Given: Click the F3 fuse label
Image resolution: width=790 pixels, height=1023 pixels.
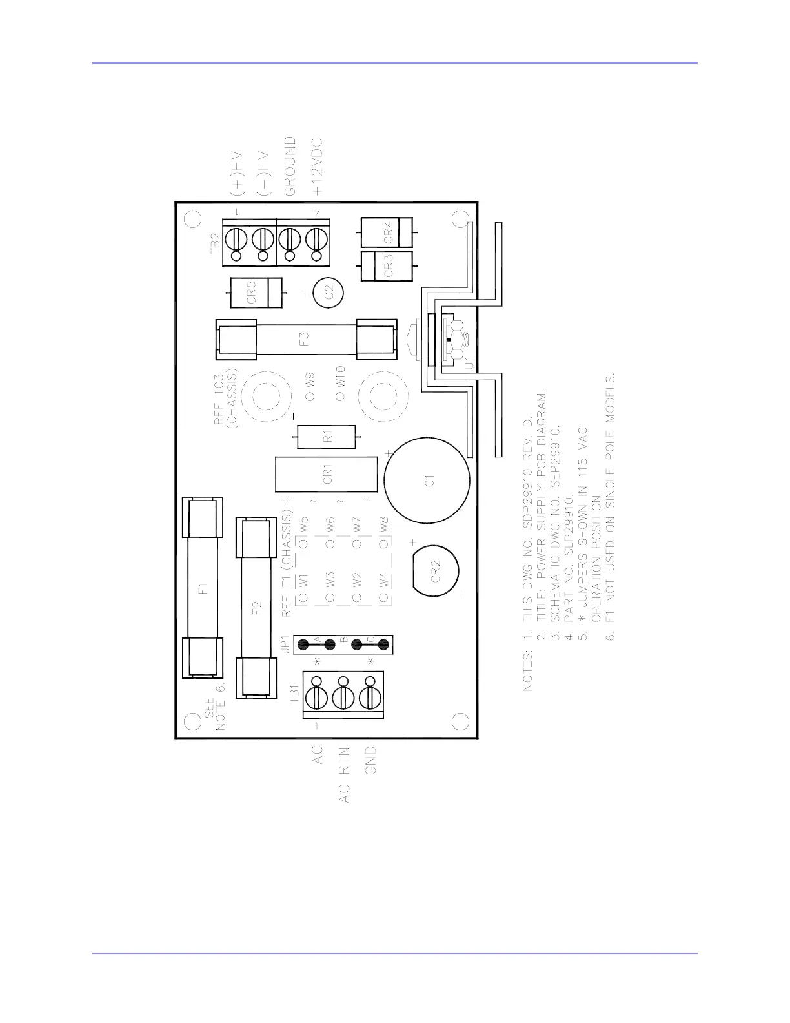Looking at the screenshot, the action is pos(305,339).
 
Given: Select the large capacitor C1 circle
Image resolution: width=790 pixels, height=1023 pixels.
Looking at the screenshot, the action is pos(427,480).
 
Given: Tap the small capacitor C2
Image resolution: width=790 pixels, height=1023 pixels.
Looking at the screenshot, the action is pos(328,293).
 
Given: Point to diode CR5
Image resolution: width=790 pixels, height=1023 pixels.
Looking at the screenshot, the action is pos(256,293).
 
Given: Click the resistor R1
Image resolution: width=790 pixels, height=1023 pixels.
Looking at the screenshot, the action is pos(327,437).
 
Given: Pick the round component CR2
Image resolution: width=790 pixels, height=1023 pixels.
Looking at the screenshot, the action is pos(435,570).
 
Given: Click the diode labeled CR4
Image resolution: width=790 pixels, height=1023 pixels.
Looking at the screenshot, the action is pos(387,232).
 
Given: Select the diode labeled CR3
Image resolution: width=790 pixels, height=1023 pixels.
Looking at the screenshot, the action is pos(387,266).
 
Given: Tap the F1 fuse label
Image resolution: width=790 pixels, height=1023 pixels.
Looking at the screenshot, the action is pos(203,588).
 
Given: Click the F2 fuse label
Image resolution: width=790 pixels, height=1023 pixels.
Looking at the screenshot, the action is pos(256,608).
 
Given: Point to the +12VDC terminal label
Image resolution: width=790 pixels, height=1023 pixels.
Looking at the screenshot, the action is pos(318,167).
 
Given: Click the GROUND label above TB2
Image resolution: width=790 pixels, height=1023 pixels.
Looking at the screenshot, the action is pos(290,166).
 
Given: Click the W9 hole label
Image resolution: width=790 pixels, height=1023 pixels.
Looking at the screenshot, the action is pos(310,380).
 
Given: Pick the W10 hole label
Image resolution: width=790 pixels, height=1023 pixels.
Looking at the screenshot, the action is pos(340,377).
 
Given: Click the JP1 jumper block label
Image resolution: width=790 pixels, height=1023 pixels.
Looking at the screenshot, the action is pos(285,644).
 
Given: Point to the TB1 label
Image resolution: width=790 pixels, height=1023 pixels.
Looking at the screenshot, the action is pos(294,694).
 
